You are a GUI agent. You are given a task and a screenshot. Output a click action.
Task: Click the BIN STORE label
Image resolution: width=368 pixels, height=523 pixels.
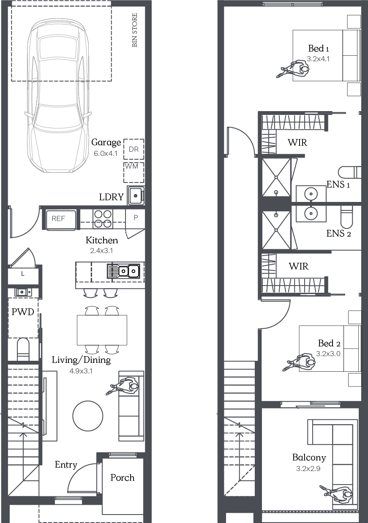[135, 30]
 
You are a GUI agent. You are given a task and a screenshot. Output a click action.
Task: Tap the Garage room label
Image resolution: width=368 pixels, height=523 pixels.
[106, 142]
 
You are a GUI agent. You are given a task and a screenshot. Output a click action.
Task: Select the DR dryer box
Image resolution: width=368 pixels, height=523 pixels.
[134, 149]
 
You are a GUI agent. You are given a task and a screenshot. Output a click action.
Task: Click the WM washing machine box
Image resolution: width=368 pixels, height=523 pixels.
[134, 172]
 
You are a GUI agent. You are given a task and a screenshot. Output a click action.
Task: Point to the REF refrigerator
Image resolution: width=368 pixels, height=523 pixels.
[61, 220]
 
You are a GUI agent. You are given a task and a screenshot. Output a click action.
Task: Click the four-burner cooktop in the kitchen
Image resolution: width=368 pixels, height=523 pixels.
[103, 219]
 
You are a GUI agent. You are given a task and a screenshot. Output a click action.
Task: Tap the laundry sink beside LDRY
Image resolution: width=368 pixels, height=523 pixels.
[136, 196]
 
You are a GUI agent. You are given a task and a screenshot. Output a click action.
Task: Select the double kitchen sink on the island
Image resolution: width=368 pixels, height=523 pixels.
[123, 271]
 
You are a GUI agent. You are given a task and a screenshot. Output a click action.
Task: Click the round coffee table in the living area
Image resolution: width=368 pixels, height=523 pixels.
[88, 416]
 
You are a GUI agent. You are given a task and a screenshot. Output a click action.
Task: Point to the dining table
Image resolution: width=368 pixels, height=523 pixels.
[102, 330]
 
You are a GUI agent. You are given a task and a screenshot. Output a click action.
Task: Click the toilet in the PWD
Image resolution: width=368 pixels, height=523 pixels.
[23, 349]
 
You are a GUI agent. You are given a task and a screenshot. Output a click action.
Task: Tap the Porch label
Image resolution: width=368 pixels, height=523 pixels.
[123, 478]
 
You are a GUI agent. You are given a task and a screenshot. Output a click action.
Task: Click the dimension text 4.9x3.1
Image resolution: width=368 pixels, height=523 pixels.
[81, 371]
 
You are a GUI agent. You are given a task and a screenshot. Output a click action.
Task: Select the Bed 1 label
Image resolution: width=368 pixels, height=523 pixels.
[319, 49]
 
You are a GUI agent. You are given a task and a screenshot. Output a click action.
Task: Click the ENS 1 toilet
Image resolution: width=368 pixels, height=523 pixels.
[349, 172]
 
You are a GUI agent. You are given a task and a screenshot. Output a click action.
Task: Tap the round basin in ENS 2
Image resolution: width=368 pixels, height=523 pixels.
[311, 213]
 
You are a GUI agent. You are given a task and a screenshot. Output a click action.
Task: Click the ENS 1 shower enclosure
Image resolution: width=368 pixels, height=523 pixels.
[276, 177]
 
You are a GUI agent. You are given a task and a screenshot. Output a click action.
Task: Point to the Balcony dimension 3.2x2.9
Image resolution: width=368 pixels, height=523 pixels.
[308, 469]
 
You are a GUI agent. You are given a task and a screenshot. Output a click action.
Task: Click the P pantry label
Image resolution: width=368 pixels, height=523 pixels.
[136, 218]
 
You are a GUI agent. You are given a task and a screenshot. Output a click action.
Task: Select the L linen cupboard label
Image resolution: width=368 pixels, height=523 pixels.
[23, 274]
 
